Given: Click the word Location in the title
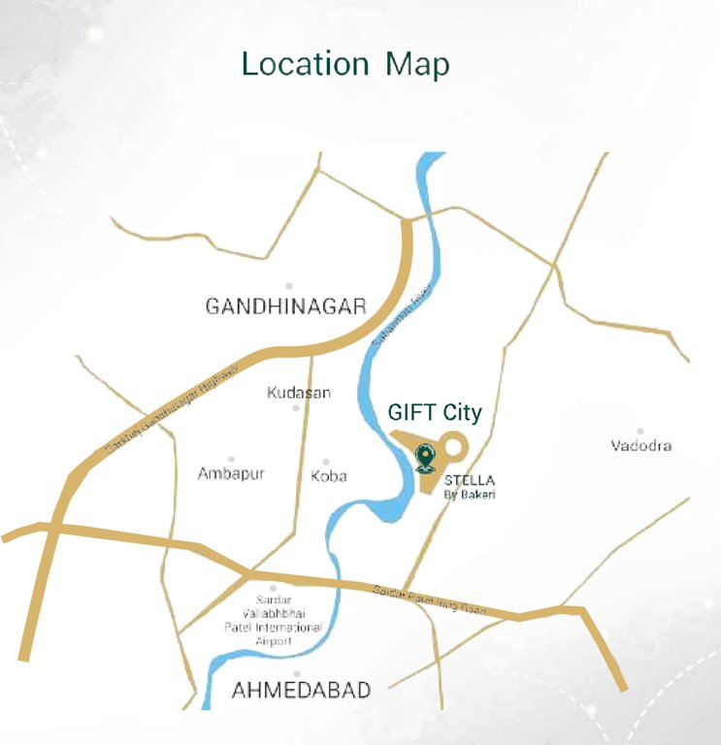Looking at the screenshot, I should pyautogui.click(x=305, y=64).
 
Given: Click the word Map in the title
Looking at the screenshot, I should pyautogui.click(x=417, y=65).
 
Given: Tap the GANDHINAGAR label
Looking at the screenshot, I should pyautogui.click(x=285, y=307).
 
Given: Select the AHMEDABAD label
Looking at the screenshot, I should pyautogui.click(x=301, y=691).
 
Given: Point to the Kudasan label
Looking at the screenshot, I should pyautogui.click(x=299, y=393).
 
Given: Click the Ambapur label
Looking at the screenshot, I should pyautogui.click(x=231, y=474).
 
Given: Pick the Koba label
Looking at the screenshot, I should pyautogui.click(x=329, y=476).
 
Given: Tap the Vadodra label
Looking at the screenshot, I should pyautogui.click(x=641, y=446).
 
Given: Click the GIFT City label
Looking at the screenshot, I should pyautogui.click(x=435, y=412).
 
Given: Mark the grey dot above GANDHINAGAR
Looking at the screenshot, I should pyautogui.click(x=288, y=286).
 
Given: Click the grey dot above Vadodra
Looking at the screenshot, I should pyautogui.click(x=640, y=431).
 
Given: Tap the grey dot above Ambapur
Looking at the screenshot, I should pyautogui.click(x=231, y=459).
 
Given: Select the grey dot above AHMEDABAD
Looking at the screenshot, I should pyautogui.click(x=296, y=673).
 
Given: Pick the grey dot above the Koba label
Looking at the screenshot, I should pyautogui.click(x=326, y=462).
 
